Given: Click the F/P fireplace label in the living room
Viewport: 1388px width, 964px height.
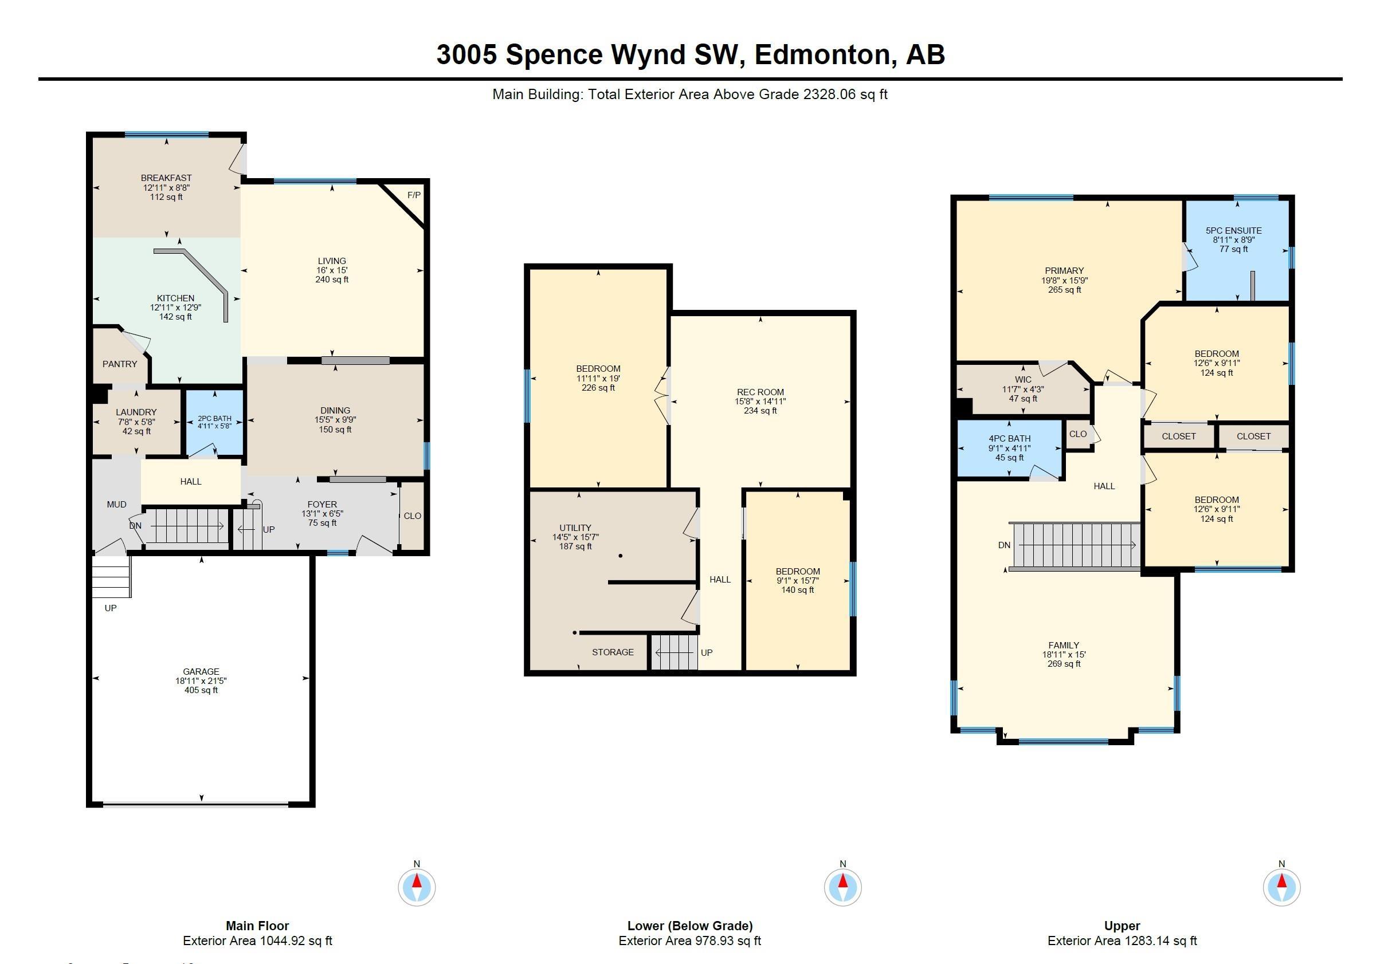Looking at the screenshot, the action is [x=414, y=195].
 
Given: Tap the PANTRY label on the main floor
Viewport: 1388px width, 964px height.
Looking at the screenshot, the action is [x=120, y=364].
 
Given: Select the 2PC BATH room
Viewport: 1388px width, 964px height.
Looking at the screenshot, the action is [x=214, y=422].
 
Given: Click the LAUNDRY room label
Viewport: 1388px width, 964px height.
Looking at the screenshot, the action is [x=136, y=412].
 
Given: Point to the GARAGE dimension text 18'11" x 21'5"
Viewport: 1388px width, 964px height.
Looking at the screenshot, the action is [x=201, y=680].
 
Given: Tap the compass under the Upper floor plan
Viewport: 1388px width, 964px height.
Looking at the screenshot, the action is [x=1281, y=887].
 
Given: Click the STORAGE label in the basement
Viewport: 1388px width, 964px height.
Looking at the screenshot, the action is [x=613, y=652].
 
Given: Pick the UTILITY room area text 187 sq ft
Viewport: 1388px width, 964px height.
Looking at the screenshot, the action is [x=575, y=546].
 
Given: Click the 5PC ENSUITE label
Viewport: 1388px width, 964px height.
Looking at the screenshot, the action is [x=1233, y=230].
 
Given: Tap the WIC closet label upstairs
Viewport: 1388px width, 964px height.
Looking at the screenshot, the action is [x=1023, y=380].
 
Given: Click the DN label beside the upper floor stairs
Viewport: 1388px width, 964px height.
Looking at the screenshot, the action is [x=1004, y=545].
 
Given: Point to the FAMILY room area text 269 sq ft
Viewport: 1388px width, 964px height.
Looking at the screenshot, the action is [x=1064, y=663].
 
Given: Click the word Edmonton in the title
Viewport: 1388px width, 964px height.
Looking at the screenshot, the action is [x=822, y=54].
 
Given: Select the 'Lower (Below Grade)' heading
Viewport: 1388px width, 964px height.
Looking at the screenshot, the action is [x=689, y=926].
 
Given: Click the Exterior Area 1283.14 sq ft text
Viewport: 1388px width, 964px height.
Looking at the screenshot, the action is [x=1122, y=941].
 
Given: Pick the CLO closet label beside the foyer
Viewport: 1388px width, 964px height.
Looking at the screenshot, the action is [x=412, y=515].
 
